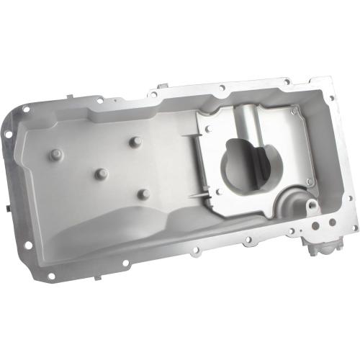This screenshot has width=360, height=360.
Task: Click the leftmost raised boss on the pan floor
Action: coord(55,154)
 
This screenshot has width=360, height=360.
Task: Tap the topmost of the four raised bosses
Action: coord(134,142)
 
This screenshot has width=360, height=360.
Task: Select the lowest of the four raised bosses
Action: coord(143,194)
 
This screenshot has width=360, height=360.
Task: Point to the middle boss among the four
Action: coord(102,174)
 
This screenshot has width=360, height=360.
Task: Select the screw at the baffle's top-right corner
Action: coord(294,112)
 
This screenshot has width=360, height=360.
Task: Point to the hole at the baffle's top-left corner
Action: coord(208,128)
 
